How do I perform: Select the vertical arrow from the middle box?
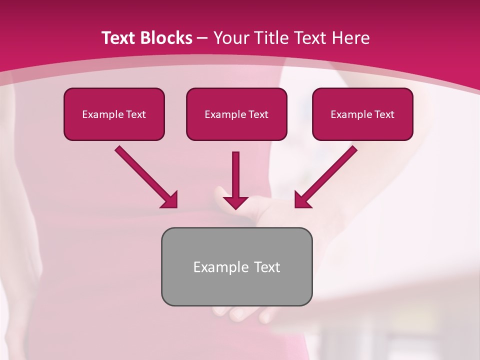pos(235,175)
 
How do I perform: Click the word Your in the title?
pos(232,38)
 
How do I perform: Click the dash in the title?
pos(202,38)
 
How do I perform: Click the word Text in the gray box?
pos(267,267)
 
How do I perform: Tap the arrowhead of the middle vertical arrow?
pos(235,202)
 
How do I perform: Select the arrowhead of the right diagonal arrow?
pos(302,200)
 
